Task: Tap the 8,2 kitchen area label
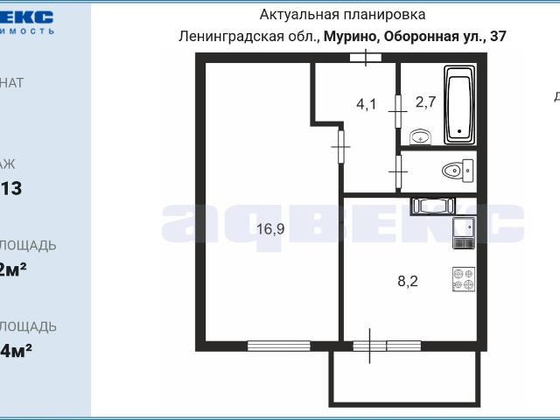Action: pos(409,281)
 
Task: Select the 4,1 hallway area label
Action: pos(366,104)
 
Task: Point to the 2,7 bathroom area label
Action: pos(425,102)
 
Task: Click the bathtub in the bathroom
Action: pos(459,105)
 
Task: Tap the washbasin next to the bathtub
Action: pos(421,136)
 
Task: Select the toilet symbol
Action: pos(454,168)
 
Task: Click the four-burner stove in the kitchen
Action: pos(463,278)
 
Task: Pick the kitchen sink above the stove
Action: pos(463,229)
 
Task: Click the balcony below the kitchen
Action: pos(404,379)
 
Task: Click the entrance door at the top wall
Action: pos(366,58)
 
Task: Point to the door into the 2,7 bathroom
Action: pos(398,111)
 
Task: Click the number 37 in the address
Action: pos(498,37)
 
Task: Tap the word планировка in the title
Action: pos(385,15)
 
